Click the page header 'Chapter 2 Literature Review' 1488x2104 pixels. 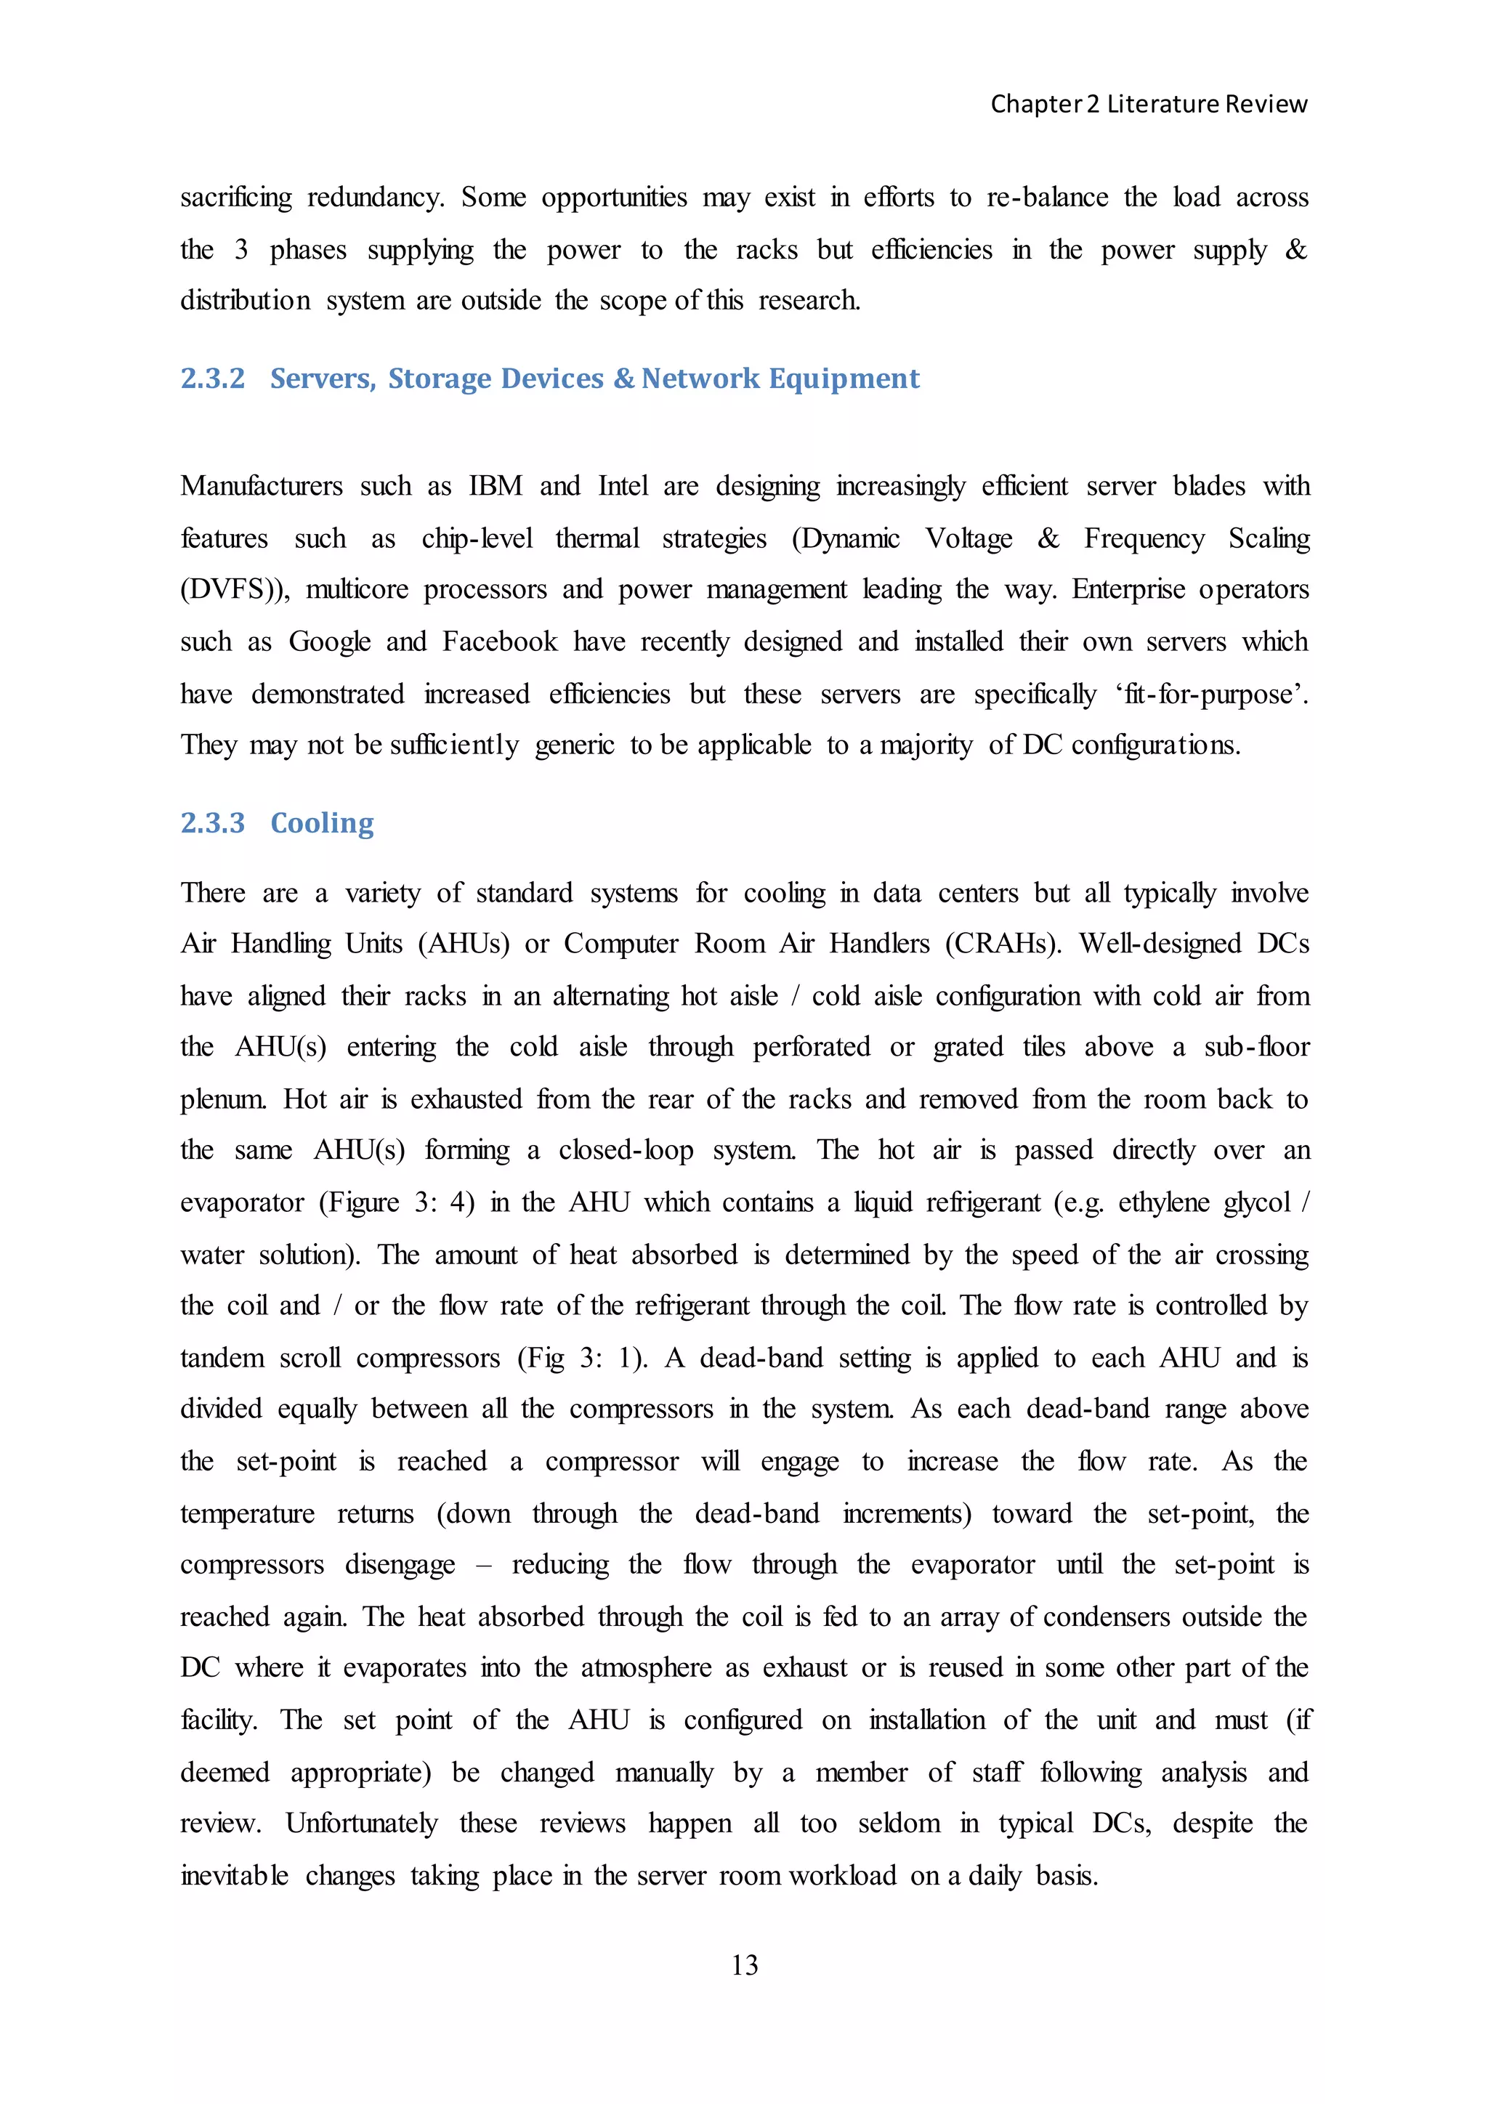pos(1148,105)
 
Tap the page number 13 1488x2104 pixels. pos(744,1965)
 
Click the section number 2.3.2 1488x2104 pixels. pos(213,379)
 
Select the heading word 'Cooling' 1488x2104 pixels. pos(322,823)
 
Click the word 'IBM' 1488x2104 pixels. pos(495,486)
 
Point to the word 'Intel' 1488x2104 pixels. pos(623,486)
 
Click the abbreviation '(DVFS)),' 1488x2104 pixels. pos(235,589)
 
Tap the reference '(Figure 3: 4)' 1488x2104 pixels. pos(396,1202)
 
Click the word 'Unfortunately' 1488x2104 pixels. pos(361,1824)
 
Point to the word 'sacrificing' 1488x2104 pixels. pos(235,198)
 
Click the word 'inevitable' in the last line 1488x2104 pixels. pos(234,1876)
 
